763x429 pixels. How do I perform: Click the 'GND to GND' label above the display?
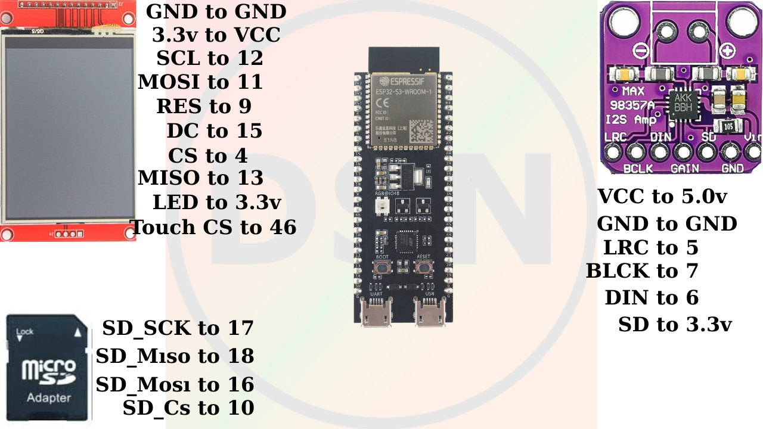(x=216, y=11)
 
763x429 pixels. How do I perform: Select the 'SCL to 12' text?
(x=209, y=58)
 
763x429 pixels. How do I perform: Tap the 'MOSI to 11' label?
(x=200, y=82)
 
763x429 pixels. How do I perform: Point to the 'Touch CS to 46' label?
(x=213, y=227)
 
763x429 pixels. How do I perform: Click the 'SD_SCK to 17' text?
(x=178, y=328)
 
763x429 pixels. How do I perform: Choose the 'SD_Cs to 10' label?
(x=188, y=408)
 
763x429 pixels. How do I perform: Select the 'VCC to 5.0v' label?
(x=662, y=196)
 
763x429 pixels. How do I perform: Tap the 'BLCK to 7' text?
(x=641, y=271)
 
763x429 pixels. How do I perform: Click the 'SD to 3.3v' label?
(x=675, y=325)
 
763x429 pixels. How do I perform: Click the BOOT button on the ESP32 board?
(x=381, y=268)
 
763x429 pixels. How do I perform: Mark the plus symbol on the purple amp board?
(x=727, y=49)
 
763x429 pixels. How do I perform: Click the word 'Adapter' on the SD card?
(x=49, y=397)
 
